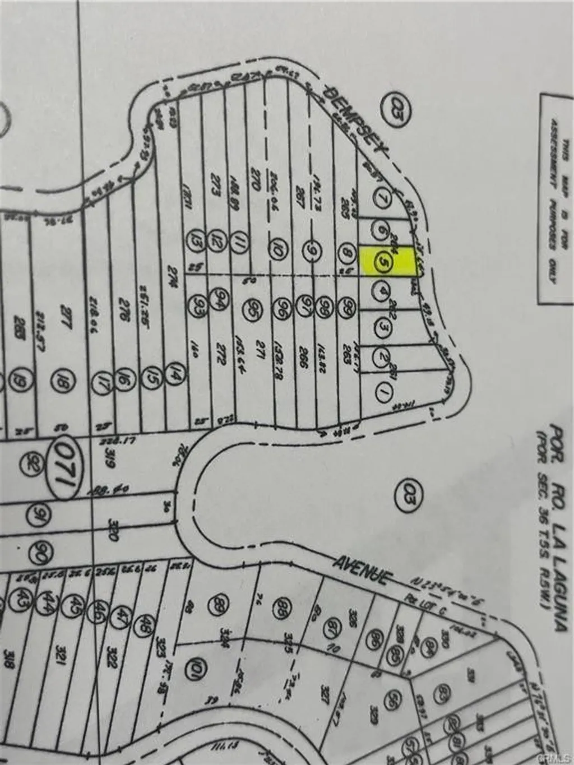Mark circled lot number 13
(x=196, y=238)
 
